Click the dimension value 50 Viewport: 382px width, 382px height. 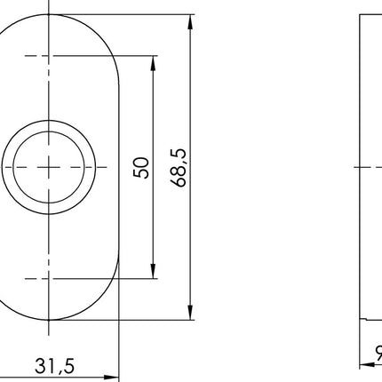click(140, 166)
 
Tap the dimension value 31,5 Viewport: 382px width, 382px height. click(55, 365)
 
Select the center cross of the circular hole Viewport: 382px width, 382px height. click(49, 166)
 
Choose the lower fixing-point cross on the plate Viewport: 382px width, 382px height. click(49, 278)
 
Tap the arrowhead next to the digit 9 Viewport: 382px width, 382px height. click(365, 365)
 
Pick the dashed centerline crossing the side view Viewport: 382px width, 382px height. click(368, 166)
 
